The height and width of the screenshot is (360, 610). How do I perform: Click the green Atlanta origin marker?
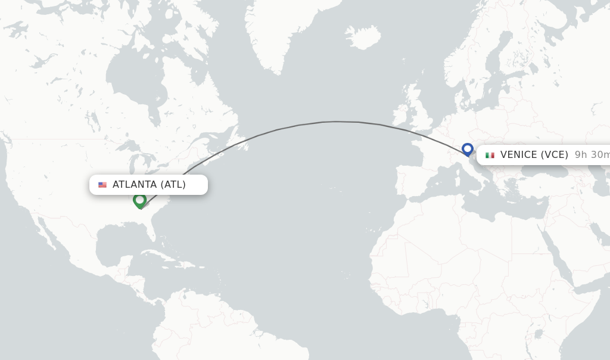tap(140, 200)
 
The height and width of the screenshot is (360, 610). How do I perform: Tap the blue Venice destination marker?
tap(468, 148)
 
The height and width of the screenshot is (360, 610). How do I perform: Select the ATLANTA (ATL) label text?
tap(149, 185)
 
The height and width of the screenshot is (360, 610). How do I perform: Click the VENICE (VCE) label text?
tap(534, 155)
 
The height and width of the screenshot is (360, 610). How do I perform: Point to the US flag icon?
tap(102, 185)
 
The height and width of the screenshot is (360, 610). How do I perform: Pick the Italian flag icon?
tap(490, 155)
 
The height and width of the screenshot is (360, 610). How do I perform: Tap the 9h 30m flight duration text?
tap(592, 155)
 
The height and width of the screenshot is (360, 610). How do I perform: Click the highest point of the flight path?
tap(337, 122)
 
